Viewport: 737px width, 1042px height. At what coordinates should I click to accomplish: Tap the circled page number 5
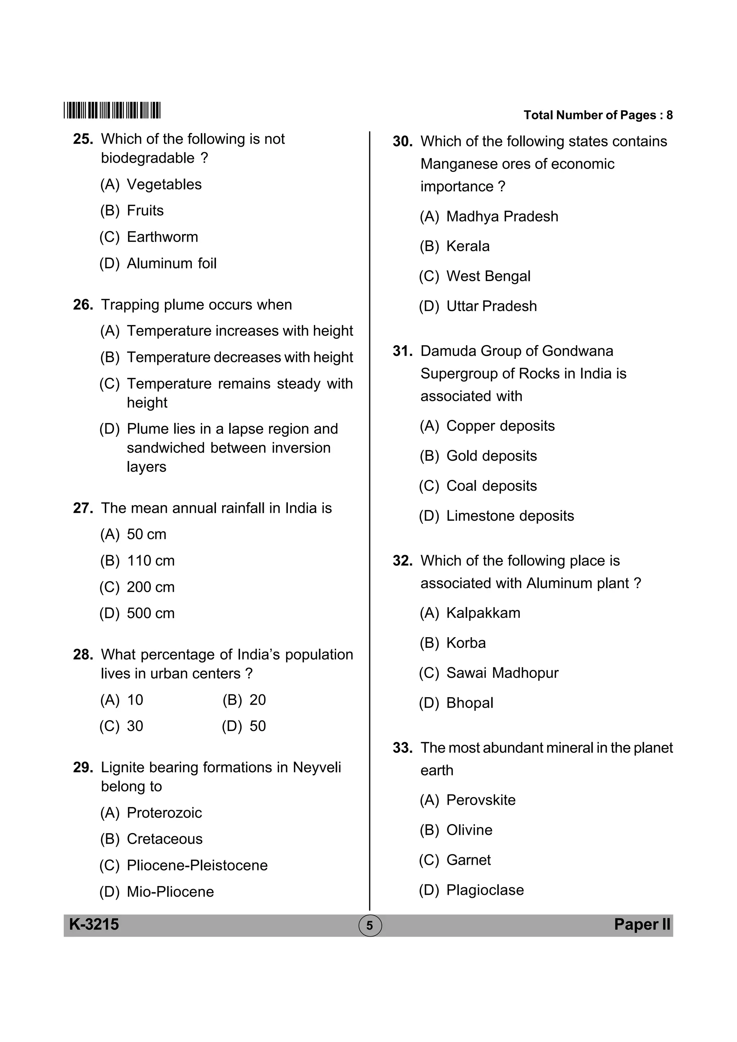point(370,926)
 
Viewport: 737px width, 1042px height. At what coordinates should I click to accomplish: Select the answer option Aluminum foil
point(171,263)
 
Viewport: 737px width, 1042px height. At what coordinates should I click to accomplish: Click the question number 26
point(83,305)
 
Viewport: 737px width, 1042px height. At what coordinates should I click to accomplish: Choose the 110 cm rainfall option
point(150,561)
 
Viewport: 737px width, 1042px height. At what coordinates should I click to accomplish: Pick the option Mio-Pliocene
point(170,891)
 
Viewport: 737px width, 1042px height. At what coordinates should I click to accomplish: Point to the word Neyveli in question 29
point(317,767)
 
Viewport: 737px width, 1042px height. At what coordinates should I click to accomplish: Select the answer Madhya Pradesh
point(502,216)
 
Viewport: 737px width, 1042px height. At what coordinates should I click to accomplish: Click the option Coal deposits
point(491,486)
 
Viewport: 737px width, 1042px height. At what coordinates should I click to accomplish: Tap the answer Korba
point(466,643)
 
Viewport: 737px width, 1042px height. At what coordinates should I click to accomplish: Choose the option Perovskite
point(481,800)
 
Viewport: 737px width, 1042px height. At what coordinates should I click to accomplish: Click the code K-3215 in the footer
point(94,924)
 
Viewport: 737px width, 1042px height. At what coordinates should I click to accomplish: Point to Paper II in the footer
point(642,924)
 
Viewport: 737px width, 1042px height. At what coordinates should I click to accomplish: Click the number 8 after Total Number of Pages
point(669,115)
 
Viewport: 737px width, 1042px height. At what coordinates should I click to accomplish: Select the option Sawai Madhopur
point(502,673)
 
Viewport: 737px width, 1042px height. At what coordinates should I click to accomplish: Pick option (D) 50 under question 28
point(257,726)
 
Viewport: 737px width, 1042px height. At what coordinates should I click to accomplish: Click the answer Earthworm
point(162,237)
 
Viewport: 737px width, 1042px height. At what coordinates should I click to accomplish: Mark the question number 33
point(402,748)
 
